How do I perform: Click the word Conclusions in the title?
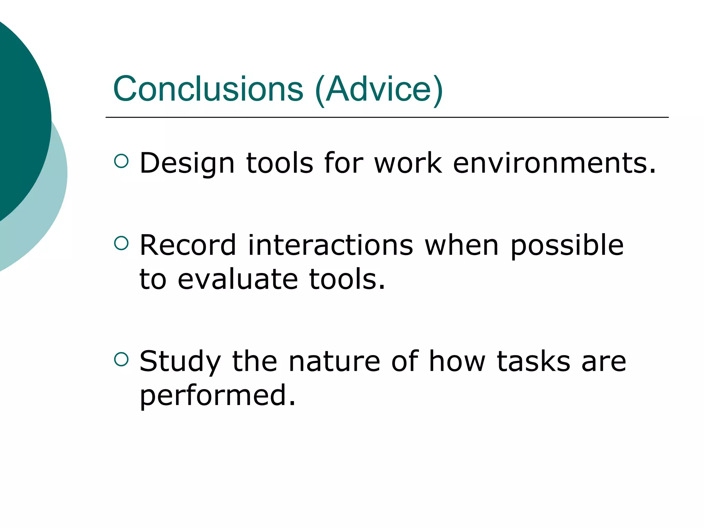[x=208, y=89]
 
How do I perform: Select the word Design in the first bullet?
[x=187, y=163]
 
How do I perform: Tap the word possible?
[x=567, y=246]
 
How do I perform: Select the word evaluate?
[x=238, y=279]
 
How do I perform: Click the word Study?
[x=180, y=362]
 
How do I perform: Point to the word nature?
[x=334, y=362]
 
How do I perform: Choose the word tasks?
[x=533, y=362]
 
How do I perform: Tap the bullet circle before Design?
[x=121, y=161]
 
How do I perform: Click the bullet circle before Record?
[x=121, y=243]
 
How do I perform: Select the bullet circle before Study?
[x=121, y=360]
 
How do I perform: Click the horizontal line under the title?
[x=387, y=118]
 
